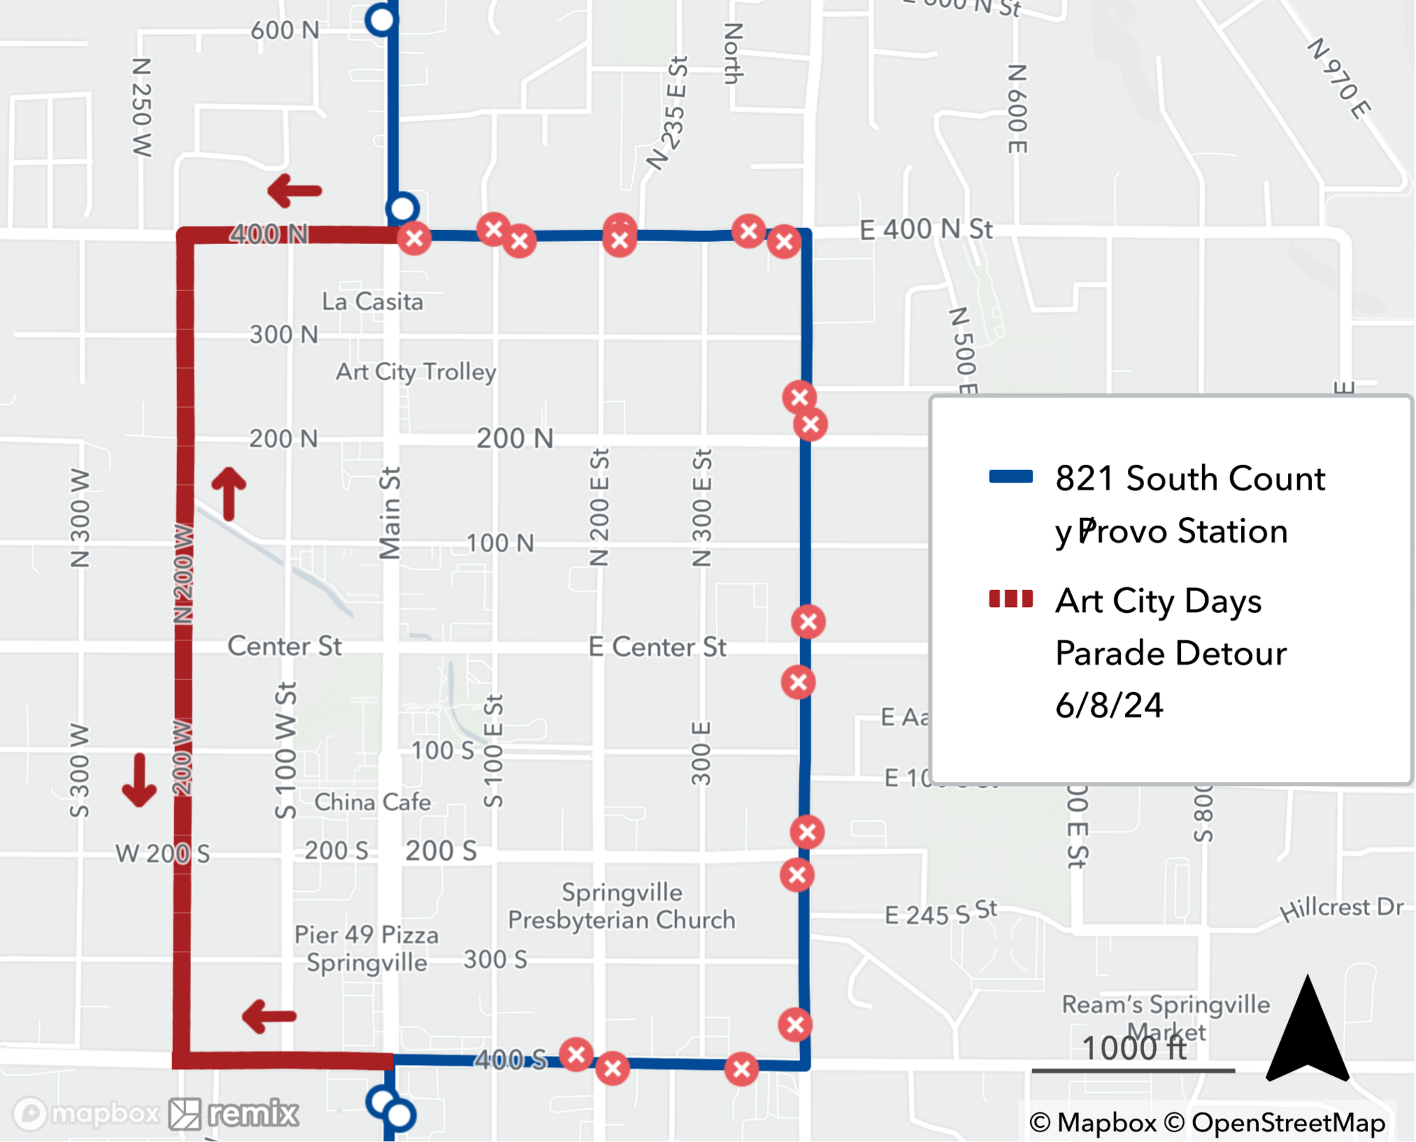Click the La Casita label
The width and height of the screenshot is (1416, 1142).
click(x=372, y=301)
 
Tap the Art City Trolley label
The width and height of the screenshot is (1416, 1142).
click(x=416, y=371)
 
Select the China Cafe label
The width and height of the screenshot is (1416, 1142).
click(x=372, y=802)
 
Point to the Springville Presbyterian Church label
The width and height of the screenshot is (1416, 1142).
click(x=622, y=906)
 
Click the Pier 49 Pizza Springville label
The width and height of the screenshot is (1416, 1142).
click(x=367, y=948)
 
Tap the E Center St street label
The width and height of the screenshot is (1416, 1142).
click(x=657, y=647)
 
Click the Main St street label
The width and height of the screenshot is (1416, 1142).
click(x=389, y=512)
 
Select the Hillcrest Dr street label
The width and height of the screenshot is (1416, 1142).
click(x=1342, y=909)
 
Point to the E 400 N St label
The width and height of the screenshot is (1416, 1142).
click(x=926, y=229)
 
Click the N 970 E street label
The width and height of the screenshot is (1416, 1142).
click(x=1339, y=79)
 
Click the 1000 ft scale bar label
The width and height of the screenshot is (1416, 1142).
click(x=1134, y=1048)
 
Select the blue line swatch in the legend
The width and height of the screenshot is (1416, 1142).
click(x=1010, y=476)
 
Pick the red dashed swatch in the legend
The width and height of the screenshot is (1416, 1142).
click(x=1010, y=599)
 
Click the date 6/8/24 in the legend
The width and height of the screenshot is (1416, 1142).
click(x=1109, y=705)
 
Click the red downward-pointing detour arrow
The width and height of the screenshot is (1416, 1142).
click(x=139, y=780)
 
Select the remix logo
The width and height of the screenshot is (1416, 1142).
click(x=234, y=1114)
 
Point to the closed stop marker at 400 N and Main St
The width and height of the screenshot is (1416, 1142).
click(x=414, y=238)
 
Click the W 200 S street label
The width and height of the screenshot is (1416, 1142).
click(x=162, y=853)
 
